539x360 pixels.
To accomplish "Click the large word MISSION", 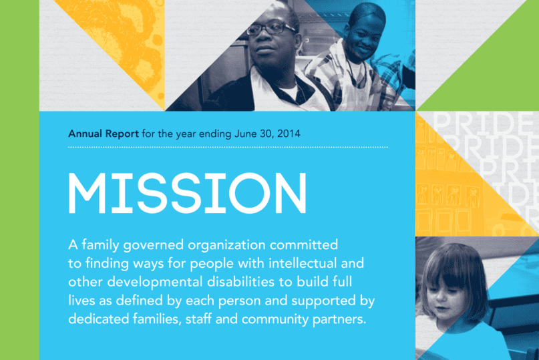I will point(188,193).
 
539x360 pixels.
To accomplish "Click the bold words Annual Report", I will point(103,134).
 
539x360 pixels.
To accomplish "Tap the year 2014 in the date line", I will point(288,134).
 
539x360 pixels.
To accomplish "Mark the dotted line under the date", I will point(227,146).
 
